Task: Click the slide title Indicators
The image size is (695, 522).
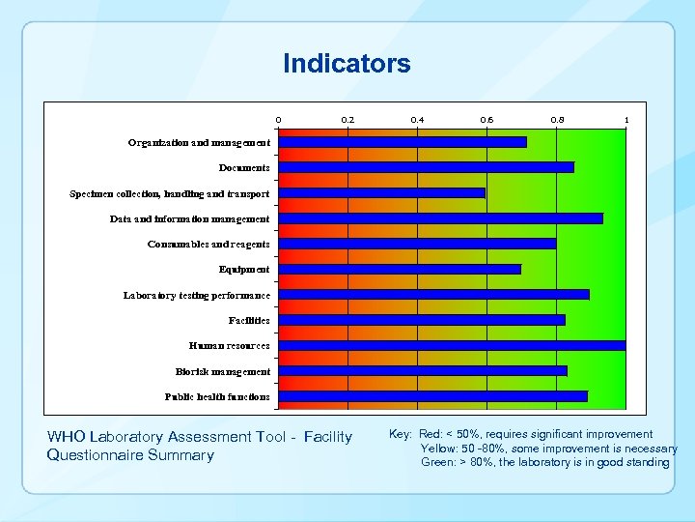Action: pos(347,64)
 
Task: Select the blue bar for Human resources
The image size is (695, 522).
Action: pos(452,345)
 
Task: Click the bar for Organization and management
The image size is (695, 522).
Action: pos(403,142)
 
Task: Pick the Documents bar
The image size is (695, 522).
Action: pos(426,167)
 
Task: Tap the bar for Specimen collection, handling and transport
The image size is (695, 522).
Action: pos(381,192)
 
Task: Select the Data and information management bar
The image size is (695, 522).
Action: pos(440,218)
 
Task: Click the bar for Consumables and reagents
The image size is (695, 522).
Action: pos(417,244)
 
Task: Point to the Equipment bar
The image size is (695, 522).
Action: pos(400,269)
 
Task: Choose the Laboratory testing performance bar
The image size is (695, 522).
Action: pos(433,294)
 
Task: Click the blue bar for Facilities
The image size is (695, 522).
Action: pos(422,319)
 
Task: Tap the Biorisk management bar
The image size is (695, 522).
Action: pos(423,370)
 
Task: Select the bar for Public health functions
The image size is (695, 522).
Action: pos(432,396)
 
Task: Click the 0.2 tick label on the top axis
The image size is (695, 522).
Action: pos(347,120)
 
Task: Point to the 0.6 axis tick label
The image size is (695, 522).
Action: pos(486,120)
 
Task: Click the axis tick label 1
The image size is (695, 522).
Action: pos(626,120)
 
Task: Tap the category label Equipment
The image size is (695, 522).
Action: pos(244,270)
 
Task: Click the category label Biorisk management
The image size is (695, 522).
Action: pos(223,371)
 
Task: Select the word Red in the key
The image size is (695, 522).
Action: pos(431,435)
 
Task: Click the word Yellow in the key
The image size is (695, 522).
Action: pos(438,449)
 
